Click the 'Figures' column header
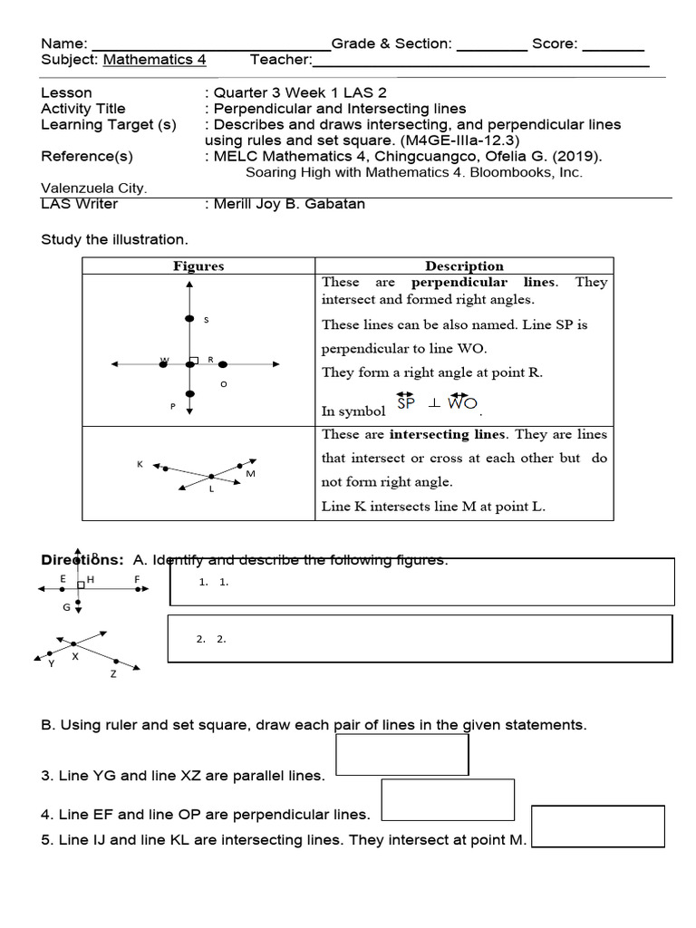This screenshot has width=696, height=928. pos(198,266)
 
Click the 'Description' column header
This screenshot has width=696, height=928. pos(464,266)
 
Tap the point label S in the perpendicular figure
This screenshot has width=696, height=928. pos(206,320)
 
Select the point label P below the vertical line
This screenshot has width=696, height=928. pos(172,407)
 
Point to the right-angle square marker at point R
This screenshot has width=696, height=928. pos(193,361)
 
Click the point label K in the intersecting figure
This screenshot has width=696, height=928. pos(140,464)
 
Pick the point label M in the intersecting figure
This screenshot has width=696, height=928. pos(250,474)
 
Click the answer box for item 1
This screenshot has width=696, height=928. pos(422,582)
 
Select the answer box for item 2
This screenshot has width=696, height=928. pos(420,639)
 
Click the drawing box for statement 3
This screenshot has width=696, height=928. pos(401,755)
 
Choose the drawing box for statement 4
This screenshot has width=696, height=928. pos(448,800)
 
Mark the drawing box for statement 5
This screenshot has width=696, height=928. pos(597,826)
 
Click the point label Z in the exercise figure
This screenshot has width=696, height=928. pos(113,674)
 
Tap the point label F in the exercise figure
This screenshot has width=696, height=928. pos(138,578)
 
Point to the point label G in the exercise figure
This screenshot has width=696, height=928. pos(66,607)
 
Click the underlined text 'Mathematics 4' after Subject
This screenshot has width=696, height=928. pos(155,60)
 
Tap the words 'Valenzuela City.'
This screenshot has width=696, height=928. pos(94,188)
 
